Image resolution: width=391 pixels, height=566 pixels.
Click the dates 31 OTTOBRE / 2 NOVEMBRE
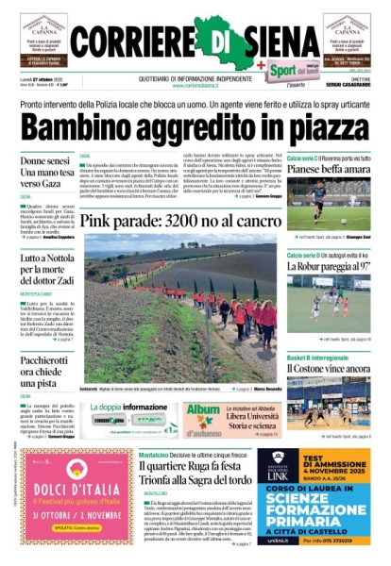[65, 517]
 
